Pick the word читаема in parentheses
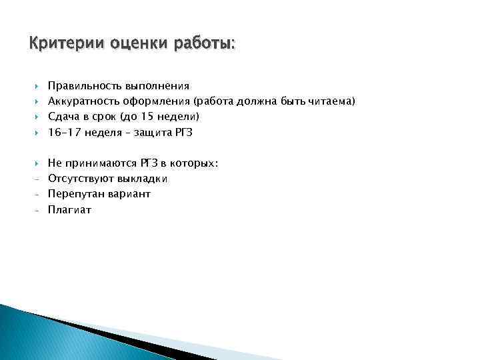pyautogui.click(x=333, y=101)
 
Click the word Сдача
pyautogui.click(x=63, y=117)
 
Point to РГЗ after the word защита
pyautogui.click(x=183, y=132)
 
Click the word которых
pyautogui.click(x=194, y=163)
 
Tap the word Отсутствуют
pyautogui.click(x=81, y=179)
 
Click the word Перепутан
pyautogui.click(x=73, y=194)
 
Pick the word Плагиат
pyautogui.click(x=69, y=209)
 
